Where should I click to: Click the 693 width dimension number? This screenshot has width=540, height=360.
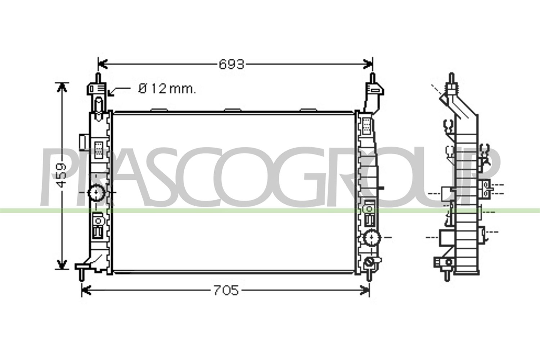pos(231,64)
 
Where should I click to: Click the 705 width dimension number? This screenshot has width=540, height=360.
pos(226,290)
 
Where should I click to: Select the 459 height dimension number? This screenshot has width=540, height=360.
pos(61,175)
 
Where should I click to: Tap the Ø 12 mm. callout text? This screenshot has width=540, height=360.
pos(167,89)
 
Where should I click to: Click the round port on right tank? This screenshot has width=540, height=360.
pos(372,238)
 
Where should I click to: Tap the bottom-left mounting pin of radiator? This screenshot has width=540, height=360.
pos(82,275)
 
